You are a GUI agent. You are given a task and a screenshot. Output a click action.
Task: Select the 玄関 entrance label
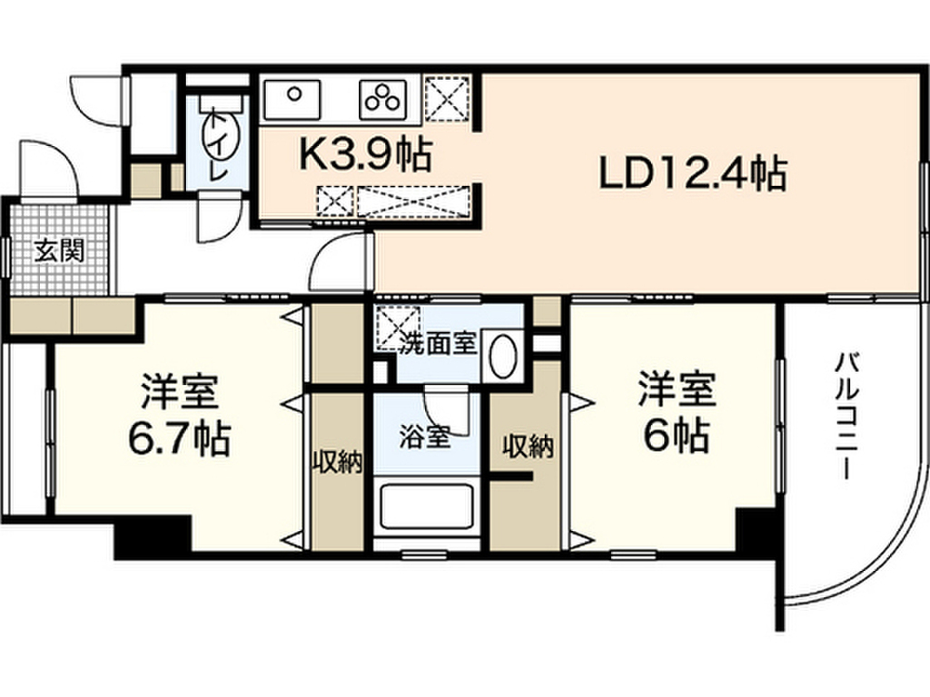tap(59, 250)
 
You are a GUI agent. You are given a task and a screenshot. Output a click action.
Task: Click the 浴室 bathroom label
tap(424, 437)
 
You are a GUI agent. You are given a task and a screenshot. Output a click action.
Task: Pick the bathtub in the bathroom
tap(426, 506)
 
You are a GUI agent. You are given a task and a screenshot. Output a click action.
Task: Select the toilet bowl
tap(221, 133)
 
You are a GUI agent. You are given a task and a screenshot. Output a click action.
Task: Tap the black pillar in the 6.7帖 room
tap(153, 535)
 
